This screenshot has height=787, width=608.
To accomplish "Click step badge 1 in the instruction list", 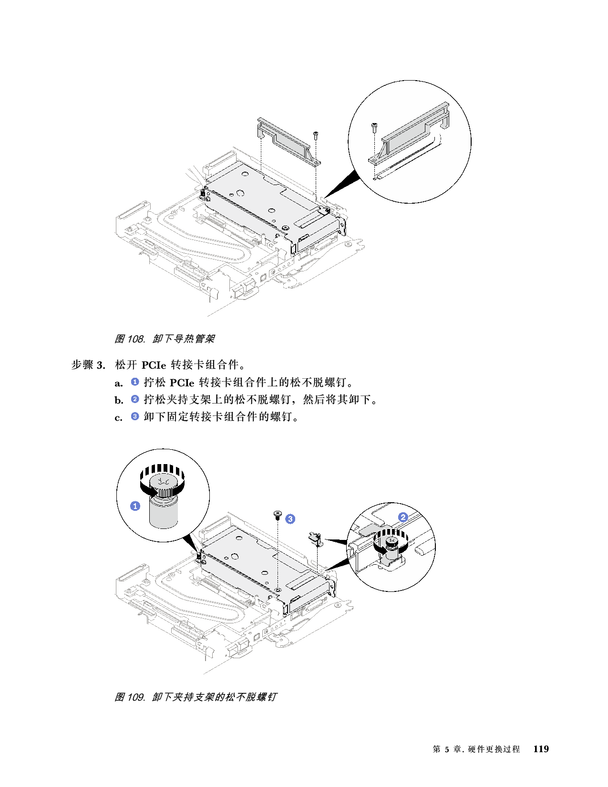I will pyautogui.click(x=135, y=382).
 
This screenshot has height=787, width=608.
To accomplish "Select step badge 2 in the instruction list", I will pyautogui.click(x=135, y=399).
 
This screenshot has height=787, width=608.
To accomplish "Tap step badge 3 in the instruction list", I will pyautogui.click(x=135, y=416).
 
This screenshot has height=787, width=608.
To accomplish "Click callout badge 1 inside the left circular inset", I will pyautogui.click(x=135, y=506).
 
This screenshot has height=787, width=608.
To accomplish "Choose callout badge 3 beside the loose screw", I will pyautogui.click(x=290, y=519).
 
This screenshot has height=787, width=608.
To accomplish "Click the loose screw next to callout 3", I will pyautogui.click(x=277, y=514).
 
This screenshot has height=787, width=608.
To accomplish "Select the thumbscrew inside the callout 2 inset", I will pyautogui.click(x=391, y=546).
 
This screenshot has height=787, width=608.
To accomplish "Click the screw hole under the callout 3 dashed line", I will pyautogui.click(x=277, y=590).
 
